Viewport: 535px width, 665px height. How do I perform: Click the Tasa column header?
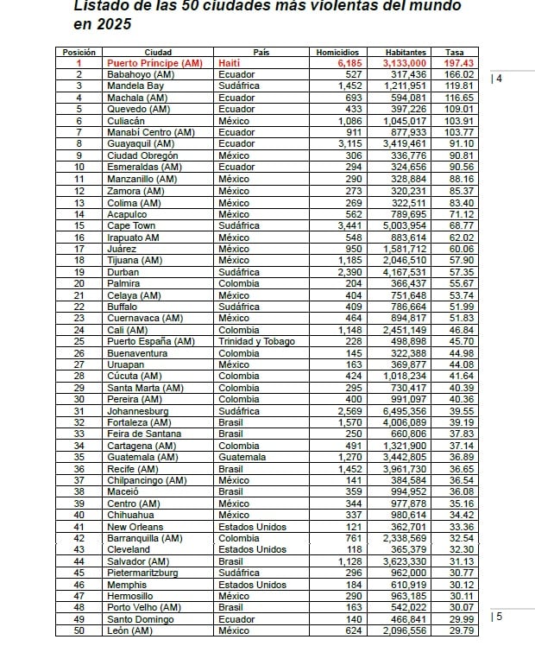click(454, 52)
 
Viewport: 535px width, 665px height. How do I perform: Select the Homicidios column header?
click(338, 52)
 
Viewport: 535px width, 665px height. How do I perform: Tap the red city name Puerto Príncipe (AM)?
click(154, 63)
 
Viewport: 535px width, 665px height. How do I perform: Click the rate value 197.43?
click(459, 63)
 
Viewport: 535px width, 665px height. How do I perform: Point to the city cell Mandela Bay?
click(135, 86)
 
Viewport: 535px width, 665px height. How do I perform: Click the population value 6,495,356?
click(405, 411)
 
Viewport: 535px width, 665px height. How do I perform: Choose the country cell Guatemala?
click(242, 457)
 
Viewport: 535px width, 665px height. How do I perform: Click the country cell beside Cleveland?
click(252, 549)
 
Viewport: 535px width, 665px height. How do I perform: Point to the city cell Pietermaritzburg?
click(143, 573)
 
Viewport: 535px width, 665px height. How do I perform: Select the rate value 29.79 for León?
click(462, 630)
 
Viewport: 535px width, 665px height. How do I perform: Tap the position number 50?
click(79, 630)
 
